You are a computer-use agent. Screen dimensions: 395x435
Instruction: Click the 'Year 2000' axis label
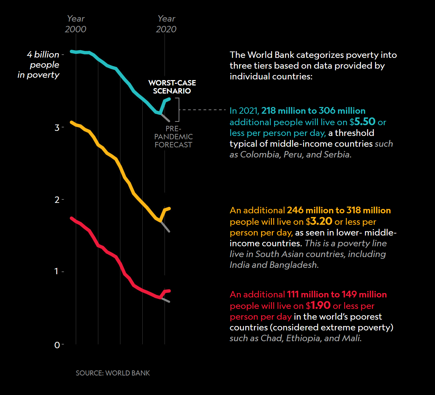click(76, 24)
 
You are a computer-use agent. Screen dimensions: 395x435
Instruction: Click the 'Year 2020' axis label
click(166, 24)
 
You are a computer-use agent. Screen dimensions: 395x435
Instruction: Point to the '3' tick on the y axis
click(57, 128)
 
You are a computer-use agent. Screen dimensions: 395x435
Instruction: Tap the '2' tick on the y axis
click(57, 200)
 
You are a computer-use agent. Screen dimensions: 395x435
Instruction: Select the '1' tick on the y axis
click(57, 271)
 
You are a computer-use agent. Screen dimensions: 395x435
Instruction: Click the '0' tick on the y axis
click(57, 345)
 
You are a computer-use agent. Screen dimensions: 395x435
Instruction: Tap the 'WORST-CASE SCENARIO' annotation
click(172, 87)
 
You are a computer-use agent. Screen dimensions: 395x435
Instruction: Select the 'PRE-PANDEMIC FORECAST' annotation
click(173, 137)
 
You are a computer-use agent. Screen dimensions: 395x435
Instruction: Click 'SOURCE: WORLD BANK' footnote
click(113, 373)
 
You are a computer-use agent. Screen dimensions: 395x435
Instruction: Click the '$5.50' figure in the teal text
click(362, 121)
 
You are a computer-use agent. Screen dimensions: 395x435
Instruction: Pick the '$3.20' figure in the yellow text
click(319, 221)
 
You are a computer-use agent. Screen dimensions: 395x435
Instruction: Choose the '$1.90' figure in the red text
click(318, 305)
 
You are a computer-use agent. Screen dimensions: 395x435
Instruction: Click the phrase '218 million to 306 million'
click(313, 111)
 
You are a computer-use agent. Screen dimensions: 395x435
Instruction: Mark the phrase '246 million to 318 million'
click(339, 210)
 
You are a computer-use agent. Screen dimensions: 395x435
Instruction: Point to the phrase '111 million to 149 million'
click(337, 294)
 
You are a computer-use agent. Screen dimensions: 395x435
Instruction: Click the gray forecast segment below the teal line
click(166, 117)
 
